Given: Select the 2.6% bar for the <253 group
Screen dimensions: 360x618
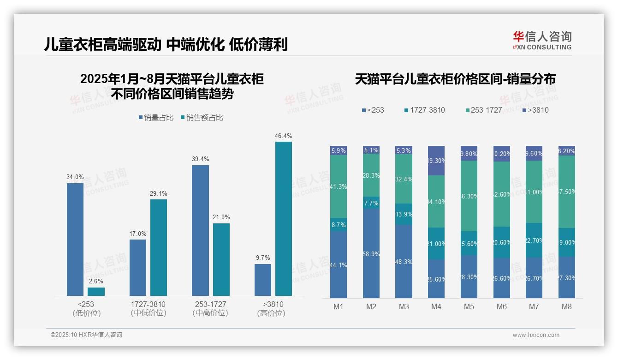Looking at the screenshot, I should [96, 291].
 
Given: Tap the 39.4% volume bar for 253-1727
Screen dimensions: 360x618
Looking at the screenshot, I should [200, 230].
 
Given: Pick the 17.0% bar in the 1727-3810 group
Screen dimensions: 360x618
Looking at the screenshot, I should [138, 267].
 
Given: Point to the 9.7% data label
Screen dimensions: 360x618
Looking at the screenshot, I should [262, 258].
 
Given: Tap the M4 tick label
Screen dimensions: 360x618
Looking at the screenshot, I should [436, 306].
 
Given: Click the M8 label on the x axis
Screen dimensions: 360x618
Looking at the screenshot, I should [567, 306].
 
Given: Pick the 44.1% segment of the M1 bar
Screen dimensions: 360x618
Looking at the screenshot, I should [339, 264].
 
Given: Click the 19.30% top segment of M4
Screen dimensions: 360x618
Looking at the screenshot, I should [436, 161].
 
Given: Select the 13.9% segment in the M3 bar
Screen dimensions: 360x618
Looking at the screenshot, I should [404, 214].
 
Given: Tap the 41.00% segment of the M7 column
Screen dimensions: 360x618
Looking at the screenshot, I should [534, 192].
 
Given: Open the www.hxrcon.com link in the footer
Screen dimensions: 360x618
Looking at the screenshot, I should [536, 335].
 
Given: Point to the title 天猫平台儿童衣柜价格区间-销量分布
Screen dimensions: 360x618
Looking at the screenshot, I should [455, 79].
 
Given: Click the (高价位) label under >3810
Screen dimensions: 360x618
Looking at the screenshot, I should [271, 313].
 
